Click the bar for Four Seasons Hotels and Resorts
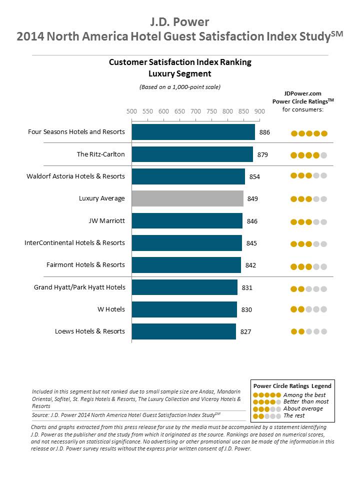point(193,132)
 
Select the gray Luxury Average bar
point(187,198)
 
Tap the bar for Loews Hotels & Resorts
point(184,331)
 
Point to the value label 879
point(262,155)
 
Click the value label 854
point(254,176)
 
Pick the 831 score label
point(247,287)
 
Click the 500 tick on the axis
point(131,111)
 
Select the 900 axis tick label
point(259,111)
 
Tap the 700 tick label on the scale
point(195,111)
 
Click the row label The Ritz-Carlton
point(100,154)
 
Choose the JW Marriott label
point(106,220)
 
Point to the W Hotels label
point(111,309)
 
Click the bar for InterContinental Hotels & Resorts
point(186,243)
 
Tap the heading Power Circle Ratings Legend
point(292,386)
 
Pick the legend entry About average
point(303,408)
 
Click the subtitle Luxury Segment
point(180,73)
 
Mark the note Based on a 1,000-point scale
point(180,87)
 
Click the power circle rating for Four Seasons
point(309,133)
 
